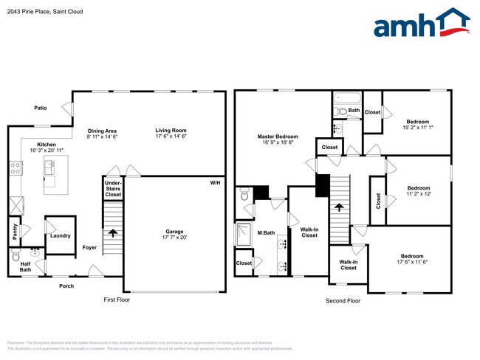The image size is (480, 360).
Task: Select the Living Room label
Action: click(x=171, y=130)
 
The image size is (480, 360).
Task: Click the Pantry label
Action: click(x=16, y=232)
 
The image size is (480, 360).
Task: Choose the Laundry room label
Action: click(x=61, y=236)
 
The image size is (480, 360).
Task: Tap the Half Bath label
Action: click(x=25, y=266)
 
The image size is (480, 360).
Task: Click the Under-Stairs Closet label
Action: click(x=113, y=188)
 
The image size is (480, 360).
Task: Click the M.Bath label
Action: click(x=266, y=235)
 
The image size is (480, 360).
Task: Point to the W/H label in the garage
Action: click(x=215, y=182)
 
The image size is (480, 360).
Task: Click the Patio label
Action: click(x=41, y=108)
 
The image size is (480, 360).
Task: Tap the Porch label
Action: click(x=66, y=286)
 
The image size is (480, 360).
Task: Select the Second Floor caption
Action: click(x=343, y=301)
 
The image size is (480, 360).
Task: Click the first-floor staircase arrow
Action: click(x=113, y=233)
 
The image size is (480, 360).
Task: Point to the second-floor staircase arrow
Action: click(x=339, y=207)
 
